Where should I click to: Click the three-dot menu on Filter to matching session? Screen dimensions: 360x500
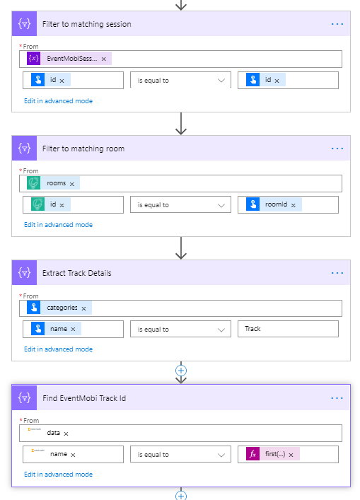pyautogui.click(x=337, y=24)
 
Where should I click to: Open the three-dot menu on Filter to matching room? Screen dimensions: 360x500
pyautogui.click(x=337, y=149)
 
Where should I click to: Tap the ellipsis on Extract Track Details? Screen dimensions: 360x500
pyautogui.click(x=337, y=273)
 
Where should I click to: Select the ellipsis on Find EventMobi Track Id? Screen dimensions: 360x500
pyautogui.click(x=337, y=398)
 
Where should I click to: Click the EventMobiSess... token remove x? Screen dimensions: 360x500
pyautogui.click(x=104, y=59)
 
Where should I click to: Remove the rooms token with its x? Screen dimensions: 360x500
pyautogui.click(x=71, y=184)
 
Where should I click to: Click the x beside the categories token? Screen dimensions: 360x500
pyautogui.click(x=83, y=308)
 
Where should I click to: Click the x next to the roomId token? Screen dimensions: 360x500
pyautogui.click(x=294, y=205)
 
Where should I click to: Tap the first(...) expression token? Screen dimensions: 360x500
pyautogui.click(x=273, y=454)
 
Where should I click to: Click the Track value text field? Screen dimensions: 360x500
pyautogui.click(x=288, y=329)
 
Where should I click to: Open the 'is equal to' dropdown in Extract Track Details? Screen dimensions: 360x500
pyautogui.click(x=180, y=330)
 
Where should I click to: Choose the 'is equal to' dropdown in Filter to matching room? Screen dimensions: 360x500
pyautogui.click(x=180, y=205)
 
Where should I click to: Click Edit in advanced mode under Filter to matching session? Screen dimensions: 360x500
pyautogui.click(x=59, y=100)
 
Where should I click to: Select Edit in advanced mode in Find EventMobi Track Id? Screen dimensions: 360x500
pyautogui.click(x=59, y=474)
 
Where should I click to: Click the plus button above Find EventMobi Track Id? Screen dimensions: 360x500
pyautogui.click(x=181, y=371)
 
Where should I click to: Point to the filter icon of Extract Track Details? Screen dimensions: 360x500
pyautogui.click(x=24, y=273)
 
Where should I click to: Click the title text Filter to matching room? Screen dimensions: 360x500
pyautogui.click(x=83, y=149)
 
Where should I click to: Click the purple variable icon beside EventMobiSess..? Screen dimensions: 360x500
pyautogui.click(x=33, y=59)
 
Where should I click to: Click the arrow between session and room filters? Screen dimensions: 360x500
pyautogui.click(x=181, y=123)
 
